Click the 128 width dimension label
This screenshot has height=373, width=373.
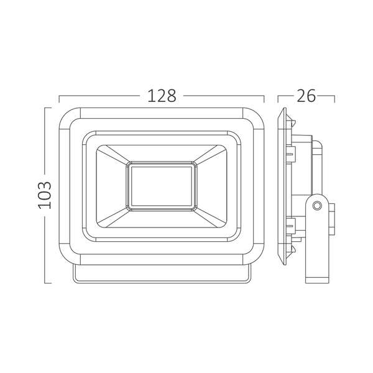162,96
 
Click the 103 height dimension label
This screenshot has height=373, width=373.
45,195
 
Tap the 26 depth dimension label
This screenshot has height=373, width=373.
306,96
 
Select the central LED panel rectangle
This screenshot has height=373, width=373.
162,186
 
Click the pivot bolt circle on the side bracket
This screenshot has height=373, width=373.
317,205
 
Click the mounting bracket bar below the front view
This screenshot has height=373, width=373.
162,274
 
